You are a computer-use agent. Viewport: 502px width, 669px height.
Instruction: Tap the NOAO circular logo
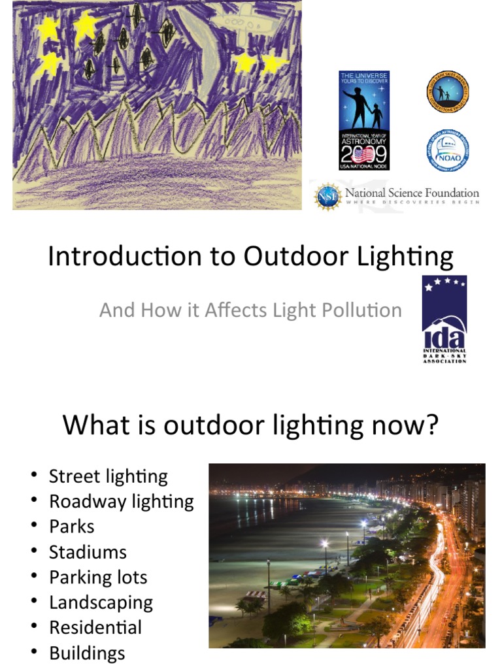[447, 150]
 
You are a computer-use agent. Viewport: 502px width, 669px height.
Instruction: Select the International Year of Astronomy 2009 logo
[364, 120]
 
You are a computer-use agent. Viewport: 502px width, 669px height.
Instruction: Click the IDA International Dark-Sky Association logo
[444, 319]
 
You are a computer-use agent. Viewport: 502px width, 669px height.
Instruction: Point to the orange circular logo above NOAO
[447, 92]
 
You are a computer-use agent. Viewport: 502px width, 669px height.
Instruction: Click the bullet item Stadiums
[88, 552]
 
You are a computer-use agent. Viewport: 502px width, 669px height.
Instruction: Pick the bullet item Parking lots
[98, 578]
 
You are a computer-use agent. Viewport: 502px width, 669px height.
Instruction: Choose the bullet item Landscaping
[101, 602]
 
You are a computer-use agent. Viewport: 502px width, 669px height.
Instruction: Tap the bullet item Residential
[95, 628]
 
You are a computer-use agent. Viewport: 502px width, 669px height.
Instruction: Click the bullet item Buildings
[86, 653]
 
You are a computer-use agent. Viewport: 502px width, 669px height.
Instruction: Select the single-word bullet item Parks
[71, 527]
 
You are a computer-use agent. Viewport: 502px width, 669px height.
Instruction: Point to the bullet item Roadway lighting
[122, 502]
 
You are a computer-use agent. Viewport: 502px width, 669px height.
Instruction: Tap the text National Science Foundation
[412, 193]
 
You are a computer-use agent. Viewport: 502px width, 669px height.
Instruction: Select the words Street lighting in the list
[108, 476]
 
